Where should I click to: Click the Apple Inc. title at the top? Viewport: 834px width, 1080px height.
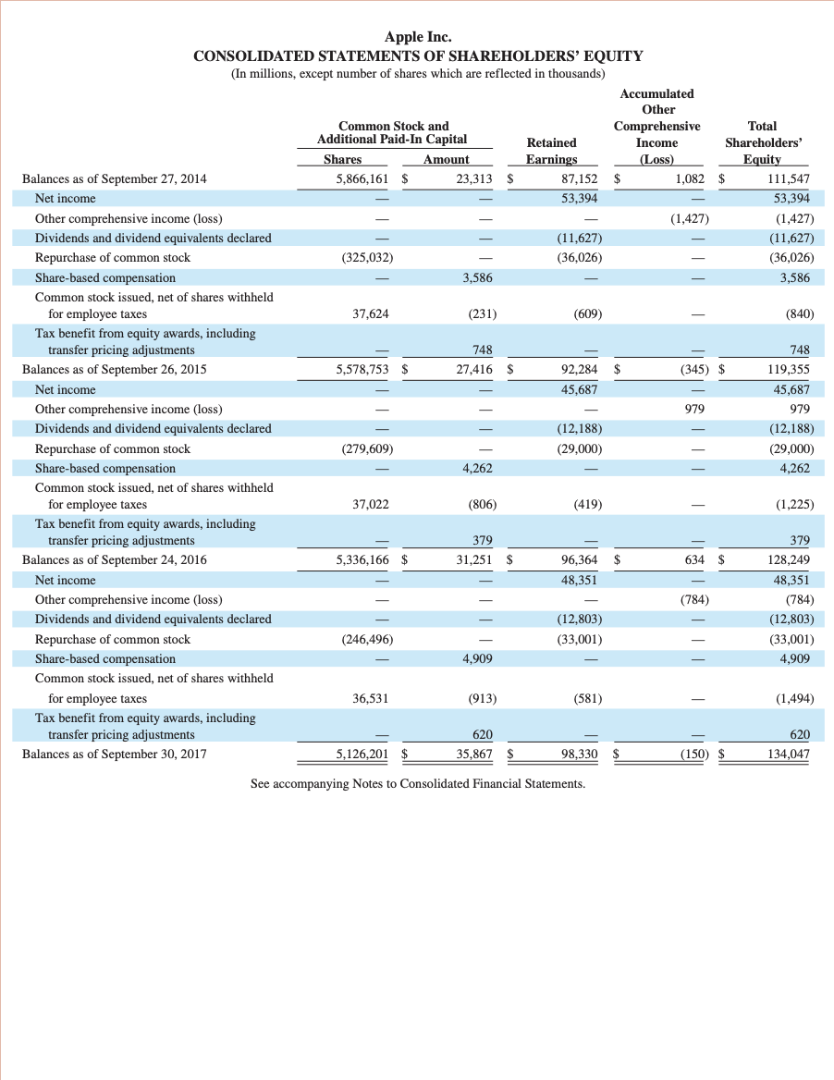[418, 37]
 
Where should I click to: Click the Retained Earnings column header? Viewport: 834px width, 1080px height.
[551, 151]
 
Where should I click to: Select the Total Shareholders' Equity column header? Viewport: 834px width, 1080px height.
[762, 142]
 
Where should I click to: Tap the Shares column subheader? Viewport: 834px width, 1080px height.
[343, 160]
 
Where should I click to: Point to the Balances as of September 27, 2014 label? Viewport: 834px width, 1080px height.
[115, 178]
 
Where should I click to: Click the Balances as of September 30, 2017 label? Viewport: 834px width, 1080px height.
[115, 754]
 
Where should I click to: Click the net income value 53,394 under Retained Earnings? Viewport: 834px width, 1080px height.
[579, 198]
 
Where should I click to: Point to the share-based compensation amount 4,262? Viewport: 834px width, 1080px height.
[477, 468]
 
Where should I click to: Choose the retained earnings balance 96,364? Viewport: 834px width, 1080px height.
[579, 559]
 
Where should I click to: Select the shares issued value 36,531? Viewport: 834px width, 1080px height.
[369, 698]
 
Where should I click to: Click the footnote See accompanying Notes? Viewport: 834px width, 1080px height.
[418, 784]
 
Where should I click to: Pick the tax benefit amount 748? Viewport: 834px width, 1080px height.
[481, 350]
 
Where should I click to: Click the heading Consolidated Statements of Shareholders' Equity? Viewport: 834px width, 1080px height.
[418, 55]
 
